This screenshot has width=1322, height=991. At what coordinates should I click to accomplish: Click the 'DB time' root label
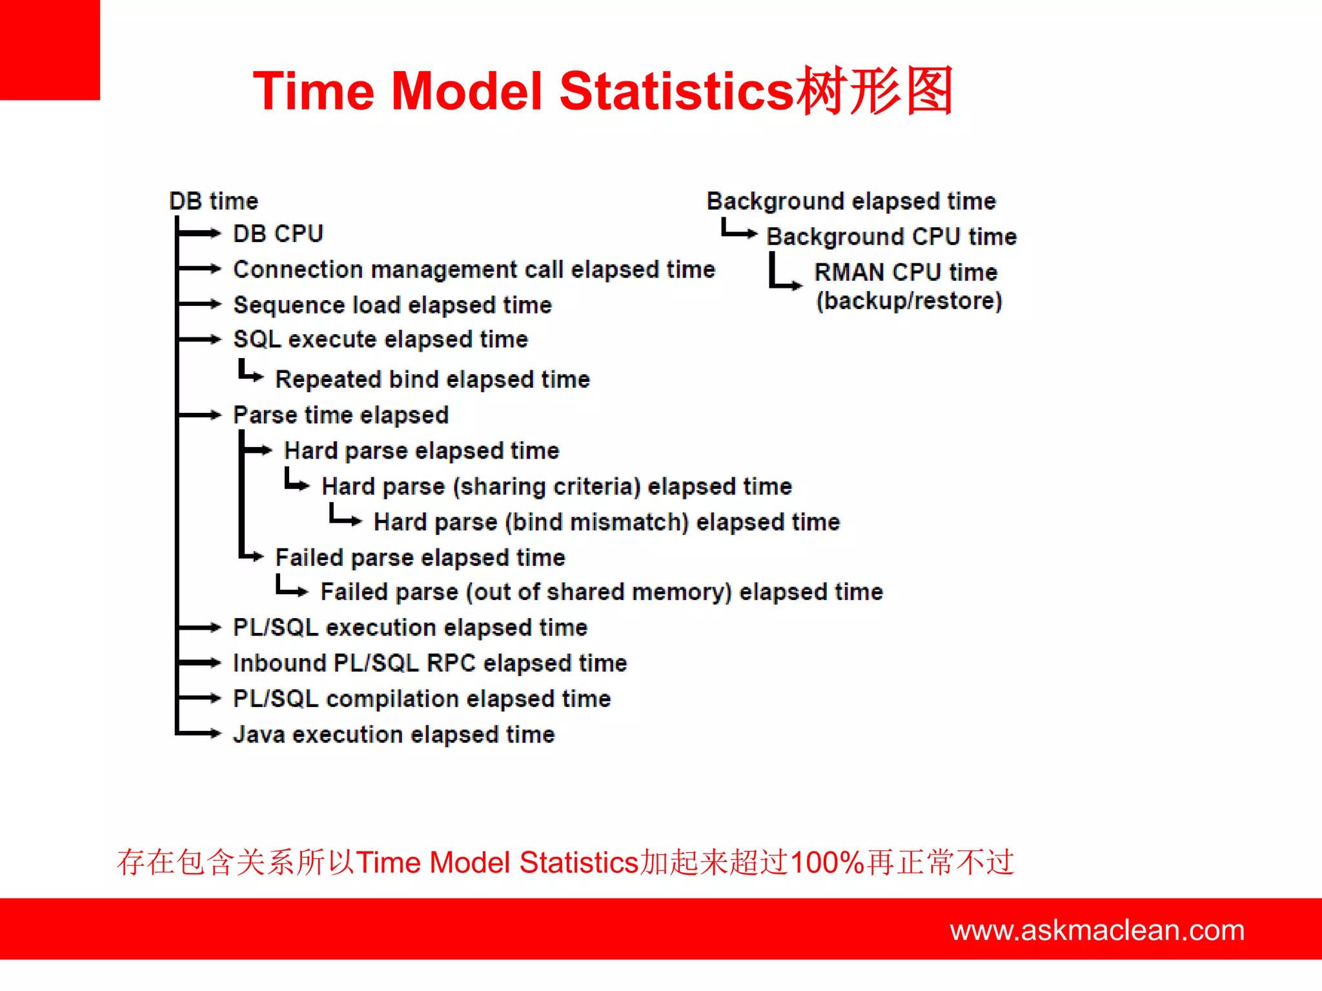[x=214, y=201]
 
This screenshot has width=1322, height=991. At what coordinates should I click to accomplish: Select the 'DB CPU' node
[x=278, y=234]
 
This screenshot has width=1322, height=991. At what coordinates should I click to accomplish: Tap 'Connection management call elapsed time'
[x=474, y=270]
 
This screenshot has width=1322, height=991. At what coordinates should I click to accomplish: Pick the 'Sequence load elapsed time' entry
[x=392, y=305]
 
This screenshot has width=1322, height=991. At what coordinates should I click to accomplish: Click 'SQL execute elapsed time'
[x=381, y=339]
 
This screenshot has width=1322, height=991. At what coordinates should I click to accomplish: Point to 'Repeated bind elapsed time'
[x=432, y=379]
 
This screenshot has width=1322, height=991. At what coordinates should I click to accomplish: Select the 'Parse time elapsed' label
[x=341, y=415]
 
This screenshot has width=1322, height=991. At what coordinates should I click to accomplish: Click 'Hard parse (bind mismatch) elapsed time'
[x=607, y=522]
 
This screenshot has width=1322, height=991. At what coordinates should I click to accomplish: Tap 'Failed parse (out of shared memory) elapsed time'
[x=602, y=592]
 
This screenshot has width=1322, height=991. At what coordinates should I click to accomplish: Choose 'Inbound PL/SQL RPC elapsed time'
[x=430, y=663]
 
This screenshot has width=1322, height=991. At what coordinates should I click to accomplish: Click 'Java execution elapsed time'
[x=394, y=734]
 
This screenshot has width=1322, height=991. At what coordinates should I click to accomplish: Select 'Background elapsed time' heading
[x=851, y=201]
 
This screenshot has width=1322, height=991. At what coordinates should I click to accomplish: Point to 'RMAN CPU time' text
[x=906, y=272]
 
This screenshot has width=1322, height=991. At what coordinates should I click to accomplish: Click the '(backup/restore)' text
[x=909, y=301]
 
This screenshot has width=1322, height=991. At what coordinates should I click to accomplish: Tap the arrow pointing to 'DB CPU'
[x=200, y=234]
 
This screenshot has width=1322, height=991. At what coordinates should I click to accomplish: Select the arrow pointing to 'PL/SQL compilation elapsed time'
[x=200, y=698]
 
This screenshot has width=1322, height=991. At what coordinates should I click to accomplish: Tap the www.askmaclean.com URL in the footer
[x=1097, y=930]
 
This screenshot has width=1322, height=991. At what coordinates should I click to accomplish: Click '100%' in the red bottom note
[x=827, y=863]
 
